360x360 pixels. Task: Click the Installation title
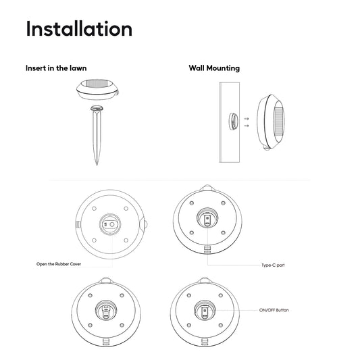click(79, 28)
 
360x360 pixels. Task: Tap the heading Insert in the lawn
click(56, 68)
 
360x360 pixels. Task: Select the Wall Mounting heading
click(214, 68)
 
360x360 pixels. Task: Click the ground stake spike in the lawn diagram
click(97, 136)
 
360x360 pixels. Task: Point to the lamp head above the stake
click(97, 89)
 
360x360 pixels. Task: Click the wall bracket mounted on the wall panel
click(233, 122)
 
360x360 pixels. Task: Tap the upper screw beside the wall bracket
click(247, 119)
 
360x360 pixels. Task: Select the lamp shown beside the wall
click(271, 122)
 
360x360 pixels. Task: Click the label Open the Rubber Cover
click(59, 264)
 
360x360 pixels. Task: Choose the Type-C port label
click(274, 265)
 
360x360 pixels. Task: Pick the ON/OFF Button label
click(274, 310)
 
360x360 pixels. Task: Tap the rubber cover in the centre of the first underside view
click(110, 224)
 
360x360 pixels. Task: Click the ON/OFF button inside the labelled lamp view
click(205, 311)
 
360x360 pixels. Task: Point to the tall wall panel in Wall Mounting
click(230, 122)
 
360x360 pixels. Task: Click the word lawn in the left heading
click(78, 68)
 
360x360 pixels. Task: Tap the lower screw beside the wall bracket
click(247, 126)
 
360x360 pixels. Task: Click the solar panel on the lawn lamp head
click(97, 83)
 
